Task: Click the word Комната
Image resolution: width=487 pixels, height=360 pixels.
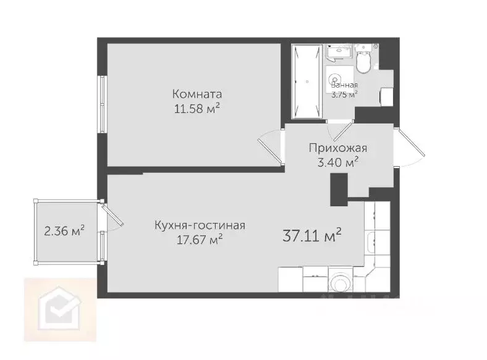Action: [x=197, y=95]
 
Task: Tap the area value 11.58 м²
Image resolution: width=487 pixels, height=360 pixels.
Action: [x=197, y=109]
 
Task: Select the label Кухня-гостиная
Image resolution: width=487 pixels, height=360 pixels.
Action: [x=200, y=225]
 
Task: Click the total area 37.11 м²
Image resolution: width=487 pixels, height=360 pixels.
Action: [x=312, y=235]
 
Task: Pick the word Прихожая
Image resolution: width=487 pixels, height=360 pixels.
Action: [x=338, y=148]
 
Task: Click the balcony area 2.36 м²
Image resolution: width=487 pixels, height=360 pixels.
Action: [x=64, y=232]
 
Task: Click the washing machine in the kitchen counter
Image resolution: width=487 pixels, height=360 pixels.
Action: [x=339, y=283]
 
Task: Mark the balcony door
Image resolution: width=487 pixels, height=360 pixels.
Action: [x=112, y=217]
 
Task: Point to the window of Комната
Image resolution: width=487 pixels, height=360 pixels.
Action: [x=102, y=103]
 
